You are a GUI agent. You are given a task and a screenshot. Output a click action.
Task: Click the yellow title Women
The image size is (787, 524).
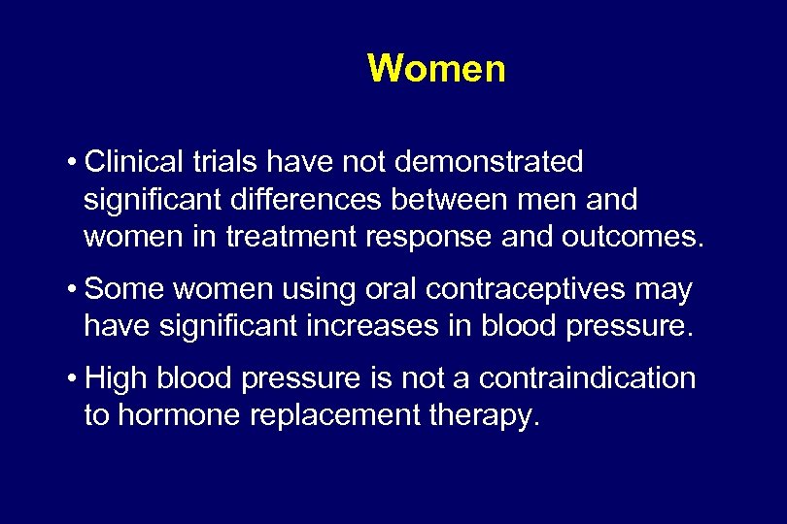pyautogui.click(x=436, y=69)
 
